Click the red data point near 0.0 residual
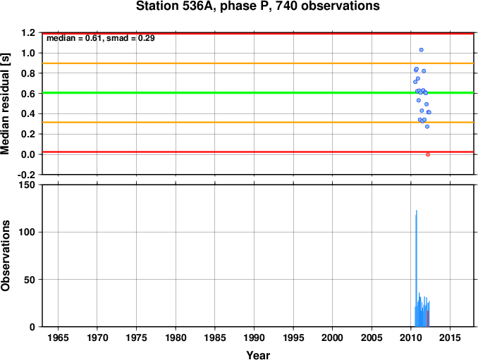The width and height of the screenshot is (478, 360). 428,155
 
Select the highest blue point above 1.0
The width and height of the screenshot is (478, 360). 422,50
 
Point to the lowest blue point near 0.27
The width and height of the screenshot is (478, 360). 427,126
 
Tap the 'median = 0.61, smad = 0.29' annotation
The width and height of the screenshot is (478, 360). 101,38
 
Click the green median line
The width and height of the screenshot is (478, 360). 258,92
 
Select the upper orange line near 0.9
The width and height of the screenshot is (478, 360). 258,63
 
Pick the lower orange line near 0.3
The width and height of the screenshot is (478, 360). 258,123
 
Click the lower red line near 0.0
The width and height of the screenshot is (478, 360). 258,151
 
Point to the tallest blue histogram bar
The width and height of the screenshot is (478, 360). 417,268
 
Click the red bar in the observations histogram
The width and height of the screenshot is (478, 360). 428,318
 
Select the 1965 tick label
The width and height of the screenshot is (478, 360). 58,338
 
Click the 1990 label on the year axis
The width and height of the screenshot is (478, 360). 254,338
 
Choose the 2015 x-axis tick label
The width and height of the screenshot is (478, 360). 450,338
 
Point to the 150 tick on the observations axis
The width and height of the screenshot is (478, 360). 27,185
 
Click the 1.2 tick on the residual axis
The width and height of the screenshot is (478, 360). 28,33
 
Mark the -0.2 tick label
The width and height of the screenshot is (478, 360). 27,175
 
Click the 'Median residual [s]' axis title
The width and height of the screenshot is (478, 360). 5,104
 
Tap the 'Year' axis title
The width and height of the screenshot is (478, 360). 258,355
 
